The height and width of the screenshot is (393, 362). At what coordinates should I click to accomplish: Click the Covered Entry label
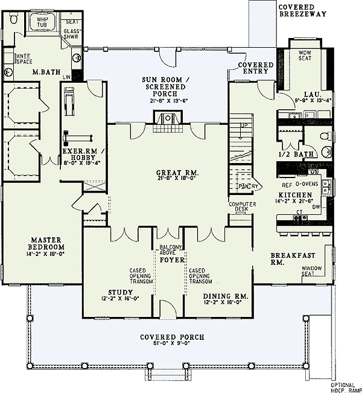(x=256, y=68)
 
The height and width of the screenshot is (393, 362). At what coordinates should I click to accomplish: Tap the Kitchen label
(x=294, y=195)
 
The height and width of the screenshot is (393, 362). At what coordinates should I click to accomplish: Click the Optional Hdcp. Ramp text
(x=345, y=386)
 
